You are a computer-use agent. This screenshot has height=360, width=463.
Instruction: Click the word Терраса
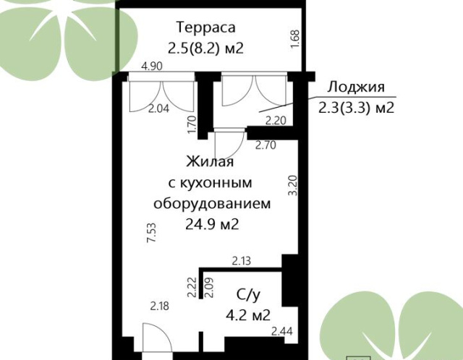(x=206, y=27)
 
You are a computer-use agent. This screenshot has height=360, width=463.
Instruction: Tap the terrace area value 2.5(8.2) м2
(x=205, y=48)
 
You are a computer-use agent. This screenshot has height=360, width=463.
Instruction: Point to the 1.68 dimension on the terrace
(x=295, y=40)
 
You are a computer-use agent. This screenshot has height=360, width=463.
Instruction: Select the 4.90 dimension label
(x=152, y=66)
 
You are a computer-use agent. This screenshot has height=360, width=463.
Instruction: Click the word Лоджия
(x=356, y=87)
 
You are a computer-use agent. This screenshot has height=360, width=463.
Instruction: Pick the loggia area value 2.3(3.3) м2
(x=357, y=108)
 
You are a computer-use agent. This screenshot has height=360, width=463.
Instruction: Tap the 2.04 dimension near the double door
(x=159, y=108)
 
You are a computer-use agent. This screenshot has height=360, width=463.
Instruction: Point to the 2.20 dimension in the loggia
(x=276, y=121)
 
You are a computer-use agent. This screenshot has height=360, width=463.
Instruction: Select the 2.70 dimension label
(x=266, y=145)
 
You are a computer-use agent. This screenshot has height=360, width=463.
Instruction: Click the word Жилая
(x=210, y=162)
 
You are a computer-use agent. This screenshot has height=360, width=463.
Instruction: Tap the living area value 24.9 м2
(x=212, y=224)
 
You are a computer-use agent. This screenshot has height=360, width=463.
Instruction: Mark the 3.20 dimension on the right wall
(x=293, y=185)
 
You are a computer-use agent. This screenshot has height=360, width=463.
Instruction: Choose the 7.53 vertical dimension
(x=151, y=233)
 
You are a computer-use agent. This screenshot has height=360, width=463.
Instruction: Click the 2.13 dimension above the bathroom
(x=242, y=261)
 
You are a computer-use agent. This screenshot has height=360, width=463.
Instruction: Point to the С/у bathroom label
(x=249, y=294)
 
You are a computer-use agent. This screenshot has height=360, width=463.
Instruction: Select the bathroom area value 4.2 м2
(x=248, y=315)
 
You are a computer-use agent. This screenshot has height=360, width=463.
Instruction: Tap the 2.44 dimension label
(x=282, y=331)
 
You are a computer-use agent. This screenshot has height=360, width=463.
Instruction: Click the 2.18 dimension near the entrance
(x=160, y=306)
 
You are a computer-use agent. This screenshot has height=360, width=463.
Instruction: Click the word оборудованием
(x=212, y=204)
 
